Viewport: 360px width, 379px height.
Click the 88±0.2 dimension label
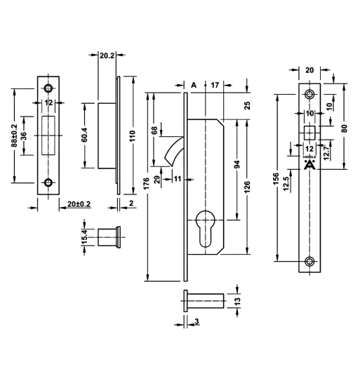[14, 135]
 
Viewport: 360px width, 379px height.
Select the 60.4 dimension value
[85, 135]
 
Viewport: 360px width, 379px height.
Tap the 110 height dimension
[133, 135]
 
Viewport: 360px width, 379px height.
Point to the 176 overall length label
[146, 184]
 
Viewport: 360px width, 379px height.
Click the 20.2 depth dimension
[107, 55]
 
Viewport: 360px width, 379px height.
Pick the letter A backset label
[194, 85]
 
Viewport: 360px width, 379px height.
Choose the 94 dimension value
[237, 164]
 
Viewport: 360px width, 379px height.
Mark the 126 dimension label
[247, 187]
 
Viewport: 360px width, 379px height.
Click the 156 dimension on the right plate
[276, 179]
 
